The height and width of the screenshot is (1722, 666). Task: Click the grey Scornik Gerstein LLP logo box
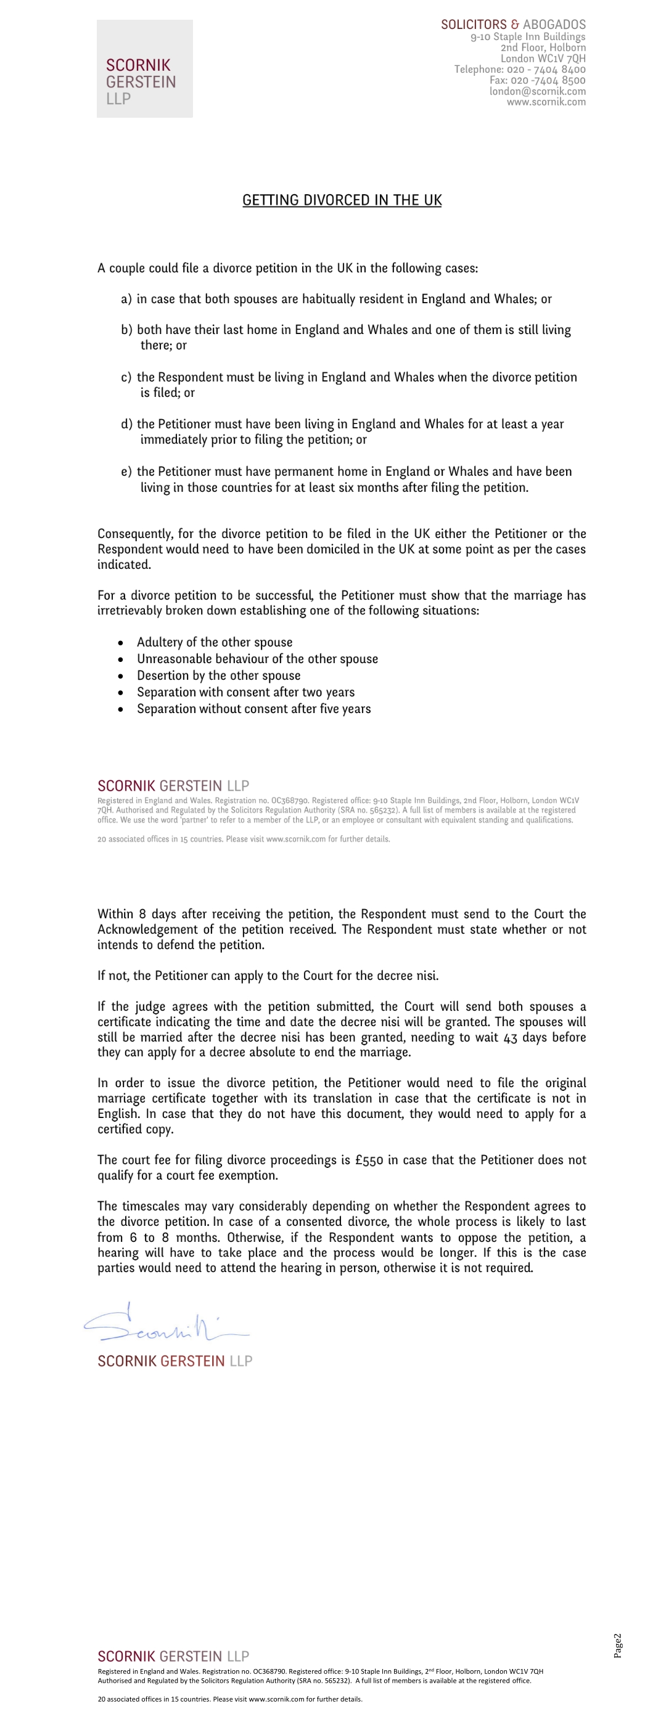point(144,68)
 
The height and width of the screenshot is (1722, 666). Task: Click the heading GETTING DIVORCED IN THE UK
point(342,200)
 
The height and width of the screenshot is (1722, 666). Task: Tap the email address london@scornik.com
point(537,91)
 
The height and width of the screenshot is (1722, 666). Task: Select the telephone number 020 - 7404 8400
point(546,70)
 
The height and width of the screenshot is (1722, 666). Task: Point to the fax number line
point(537,80)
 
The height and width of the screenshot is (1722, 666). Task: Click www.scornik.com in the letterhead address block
point(546,102)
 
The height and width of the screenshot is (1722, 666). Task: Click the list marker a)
point(126,299)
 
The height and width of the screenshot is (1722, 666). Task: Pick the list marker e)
point(126,472)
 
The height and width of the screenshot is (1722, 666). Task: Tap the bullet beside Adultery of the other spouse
point(120,643)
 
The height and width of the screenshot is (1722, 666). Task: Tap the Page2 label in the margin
point(618,1645)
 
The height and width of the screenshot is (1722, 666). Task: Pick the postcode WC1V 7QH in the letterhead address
point(561,58)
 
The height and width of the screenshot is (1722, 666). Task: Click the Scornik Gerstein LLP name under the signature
point(175,1361)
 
